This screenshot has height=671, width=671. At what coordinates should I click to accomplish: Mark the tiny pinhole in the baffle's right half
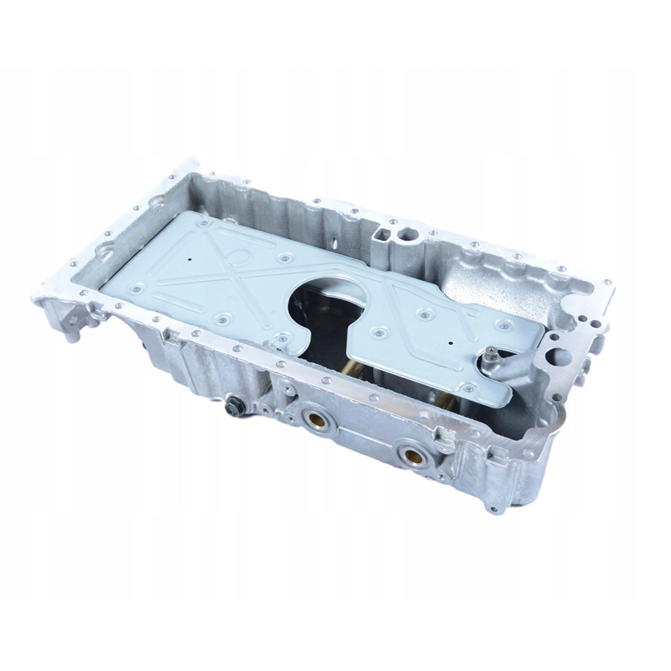[x=450, y=342]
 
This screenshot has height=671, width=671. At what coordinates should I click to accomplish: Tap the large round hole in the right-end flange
[x=559, y=357]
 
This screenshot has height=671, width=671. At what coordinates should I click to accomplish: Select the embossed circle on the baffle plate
[x=238, y=255]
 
